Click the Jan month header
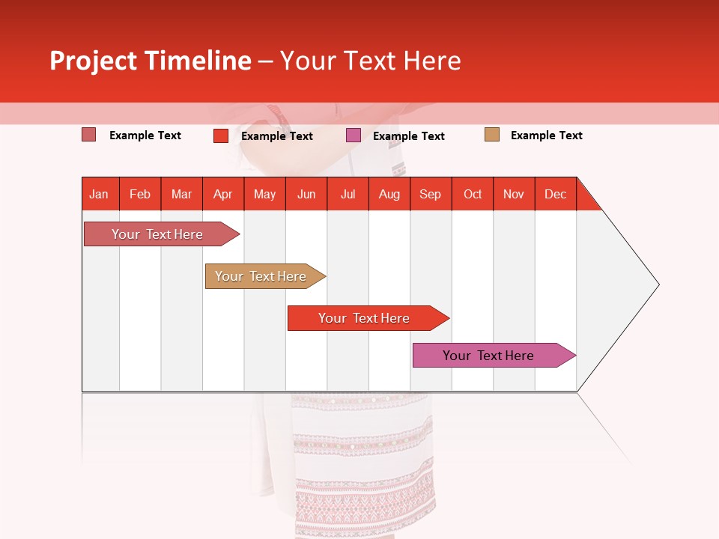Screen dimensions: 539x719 (100, 194)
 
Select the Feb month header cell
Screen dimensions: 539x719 (140, 194)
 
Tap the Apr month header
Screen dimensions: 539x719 (223, 194)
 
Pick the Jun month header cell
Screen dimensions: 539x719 (306, 194)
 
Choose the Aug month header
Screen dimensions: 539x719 (389, 194)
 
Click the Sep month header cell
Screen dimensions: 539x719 (431, 194)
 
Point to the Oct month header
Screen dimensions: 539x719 (473, 194)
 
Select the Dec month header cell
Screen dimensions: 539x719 (556, 194)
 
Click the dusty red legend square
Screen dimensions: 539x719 (89, 135)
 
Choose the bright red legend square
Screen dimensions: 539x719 (221, 135)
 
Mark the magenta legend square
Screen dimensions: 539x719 (354, 135)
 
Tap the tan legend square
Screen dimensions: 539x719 (492, 135)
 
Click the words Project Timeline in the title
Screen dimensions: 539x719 (151, 61)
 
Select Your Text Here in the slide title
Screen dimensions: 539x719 (371, 61)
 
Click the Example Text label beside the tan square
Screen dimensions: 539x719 (546, 135)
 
